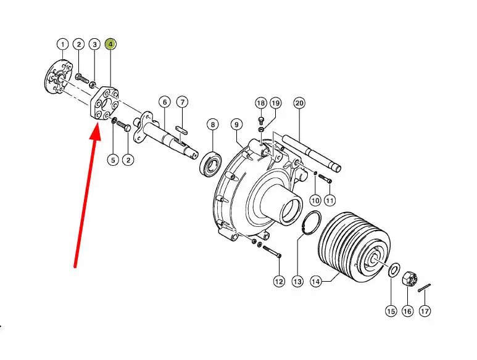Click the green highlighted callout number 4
[x=110, y=44]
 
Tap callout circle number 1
[x=63, y=44]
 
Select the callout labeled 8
[x=213, y=125]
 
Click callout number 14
[x=316, y=282]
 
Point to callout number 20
[x=299, y=104]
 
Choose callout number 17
[x=425, y=311]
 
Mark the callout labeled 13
[x=297, y=282]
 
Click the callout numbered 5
[x=113, y=160]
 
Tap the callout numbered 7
[x=182, y=102]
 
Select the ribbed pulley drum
[x=353, y=248]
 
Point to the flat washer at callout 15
[x=394, y=270]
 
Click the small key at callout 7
[x=182, y=129]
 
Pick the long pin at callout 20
[x=312, y=153]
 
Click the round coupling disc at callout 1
[x=58, y=78]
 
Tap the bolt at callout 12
[x=272, y=252]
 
